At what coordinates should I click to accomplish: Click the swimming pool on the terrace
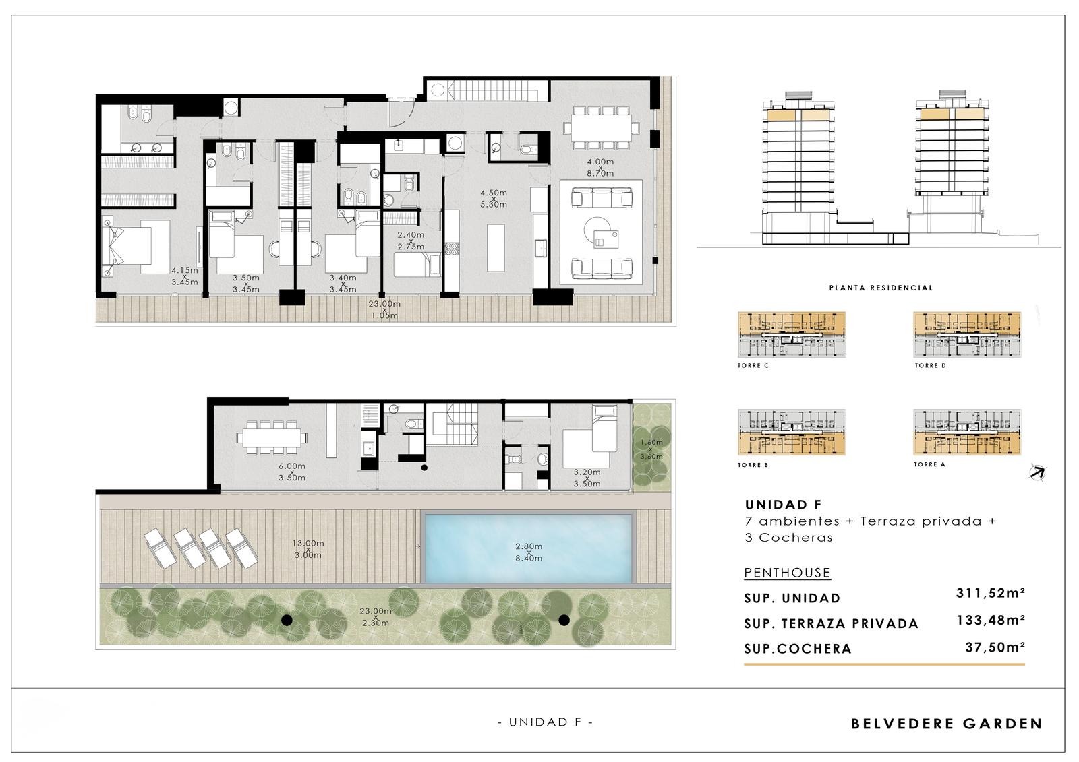pyautogui.click(x=528, y=548)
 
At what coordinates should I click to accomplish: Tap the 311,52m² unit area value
pyautogui.click(x=991, y=594)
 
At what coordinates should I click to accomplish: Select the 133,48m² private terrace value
pyautogui.click(x=991, y=621)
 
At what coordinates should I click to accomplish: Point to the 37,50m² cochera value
pyautogui.click(x=995, y=647)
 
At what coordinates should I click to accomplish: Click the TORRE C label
pyautogui.click(x=753, y=366)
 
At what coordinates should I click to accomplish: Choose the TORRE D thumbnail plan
pyautogui.click(x=967, y=335)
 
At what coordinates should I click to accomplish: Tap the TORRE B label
pyautogui.click(x=753, y=465)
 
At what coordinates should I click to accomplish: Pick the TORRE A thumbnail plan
pyautogui.click(x=967, y=433)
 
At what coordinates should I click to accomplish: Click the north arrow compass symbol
pyautogui.click(x=1037, y=473)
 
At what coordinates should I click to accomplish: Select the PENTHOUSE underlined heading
pyautogui.click(x=787, y=573)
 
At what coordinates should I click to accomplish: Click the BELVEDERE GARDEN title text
pyautogui.click(x=947, y=724)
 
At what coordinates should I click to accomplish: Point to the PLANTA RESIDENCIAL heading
pyautogui.click(x=881, y=288)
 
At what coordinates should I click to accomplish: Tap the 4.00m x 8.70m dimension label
pyautogui.click(x=600, y=168)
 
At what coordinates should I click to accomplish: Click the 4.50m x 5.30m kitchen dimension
pyautogui.click(x=494, y=198)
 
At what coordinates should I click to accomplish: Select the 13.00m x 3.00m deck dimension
pyautogui.click(x=308, y=549)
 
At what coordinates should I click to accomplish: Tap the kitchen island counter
pyautogui.click(x=496, y=248)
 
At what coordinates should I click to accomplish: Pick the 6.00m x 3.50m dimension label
pyautogui.click(x=292, y=472)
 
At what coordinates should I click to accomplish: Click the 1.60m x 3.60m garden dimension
pyautogui.click(x=651, y=449)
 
